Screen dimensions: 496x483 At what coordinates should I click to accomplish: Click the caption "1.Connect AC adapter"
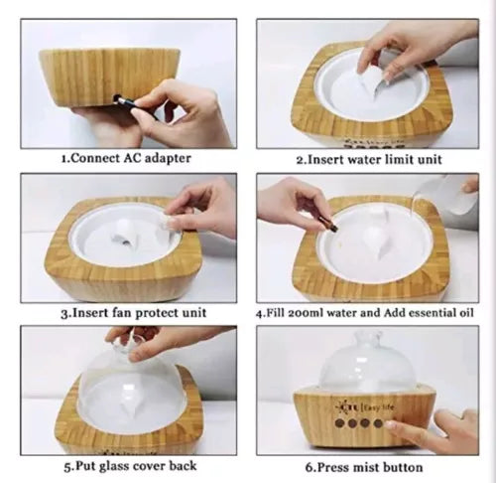pos(126,158)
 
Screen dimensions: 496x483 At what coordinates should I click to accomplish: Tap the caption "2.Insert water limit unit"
pos(369,159)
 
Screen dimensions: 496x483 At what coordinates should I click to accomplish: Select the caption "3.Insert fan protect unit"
pos(134,313)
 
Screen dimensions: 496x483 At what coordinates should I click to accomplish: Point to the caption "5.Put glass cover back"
pos(131,466)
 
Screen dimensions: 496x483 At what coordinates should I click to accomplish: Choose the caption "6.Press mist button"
pos(364,467)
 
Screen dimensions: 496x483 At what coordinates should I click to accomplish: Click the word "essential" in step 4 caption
pos(433,313)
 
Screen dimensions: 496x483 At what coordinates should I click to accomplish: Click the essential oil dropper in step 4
pos(328,224)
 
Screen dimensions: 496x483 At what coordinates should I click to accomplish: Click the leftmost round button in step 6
pos(339,423)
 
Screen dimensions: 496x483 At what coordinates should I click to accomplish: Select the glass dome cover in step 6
pos(367,361)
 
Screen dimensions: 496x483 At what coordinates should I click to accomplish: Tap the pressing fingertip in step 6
pos(390,425)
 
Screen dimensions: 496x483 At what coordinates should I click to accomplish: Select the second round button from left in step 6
pos(352,423)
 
